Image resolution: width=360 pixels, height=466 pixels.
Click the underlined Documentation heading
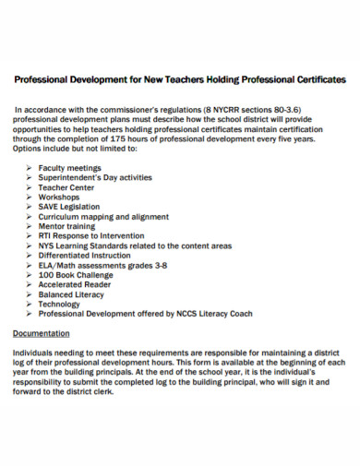[x=42, y=332]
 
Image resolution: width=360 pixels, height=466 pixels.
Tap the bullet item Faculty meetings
[x=72, y=168]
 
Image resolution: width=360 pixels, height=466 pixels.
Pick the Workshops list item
[x=59, y=197]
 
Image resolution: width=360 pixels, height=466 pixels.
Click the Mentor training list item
[x=68, y=226]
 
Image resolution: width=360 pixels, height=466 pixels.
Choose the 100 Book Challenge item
[x=77, y=275]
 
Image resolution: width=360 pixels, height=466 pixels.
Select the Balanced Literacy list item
[x=72, y=294]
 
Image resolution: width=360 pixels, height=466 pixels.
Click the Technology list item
[x=60, y=304]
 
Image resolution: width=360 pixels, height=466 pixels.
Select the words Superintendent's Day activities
[x=96, y=177]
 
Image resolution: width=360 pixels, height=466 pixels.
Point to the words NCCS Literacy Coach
[x=212, y=314]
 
